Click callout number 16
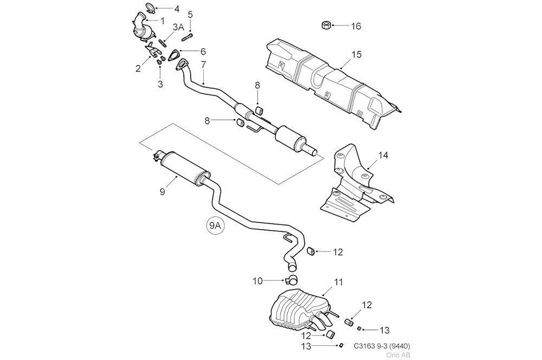click(x=356, y=26)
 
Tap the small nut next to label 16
click(x=326, y=24)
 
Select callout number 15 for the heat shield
click(x=356, y=55)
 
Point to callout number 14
click(x=383, y=156)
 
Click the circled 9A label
click(x=215, y=227)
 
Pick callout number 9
click(x=162, y=191)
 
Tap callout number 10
click(x=257, y=281)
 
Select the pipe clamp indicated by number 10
click(x=292, y=280)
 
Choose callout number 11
click(x=339, y=282)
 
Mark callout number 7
click(x=203, y=65)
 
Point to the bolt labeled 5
click(x=188, y=36)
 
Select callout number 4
click(x=176, y=9)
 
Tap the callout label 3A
click(x=178, y=27)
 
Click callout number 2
click(x=138, y=68)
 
